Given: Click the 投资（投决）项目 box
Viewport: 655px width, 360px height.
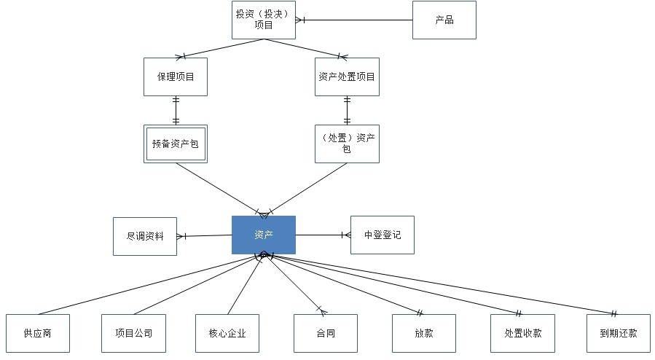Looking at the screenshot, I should coord(264,20).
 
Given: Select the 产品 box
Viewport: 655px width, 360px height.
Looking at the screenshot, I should coord(444,20).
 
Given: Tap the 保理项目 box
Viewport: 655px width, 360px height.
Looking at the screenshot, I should coord(176,77).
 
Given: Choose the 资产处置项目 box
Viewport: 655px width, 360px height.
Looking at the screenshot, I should coord(347,77).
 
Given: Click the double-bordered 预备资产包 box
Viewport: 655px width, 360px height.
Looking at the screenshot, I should coord(176,144).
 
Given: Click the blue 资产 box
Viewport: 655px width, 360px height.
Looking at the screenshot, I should coord(264,235).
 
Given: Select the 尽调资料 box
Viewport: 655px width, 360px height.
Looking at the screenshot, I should coord(145,236).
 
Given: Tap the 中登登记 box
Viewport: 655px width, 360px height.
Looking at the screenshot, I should coord(383,235).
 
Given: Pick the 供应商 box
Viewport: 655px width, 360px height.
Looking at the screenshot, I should coord(37,334).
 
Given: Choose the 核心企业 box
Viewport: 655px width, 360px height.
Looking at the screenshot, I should coord(227,334).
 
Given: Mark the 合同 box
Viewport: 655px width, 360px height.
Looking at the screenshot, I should coord(326,334).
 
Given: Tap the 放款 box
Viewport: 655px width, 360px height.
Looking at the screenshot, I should coord(423,334).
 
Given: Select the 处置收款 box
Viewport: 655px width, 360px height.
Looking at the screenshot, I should coord(522,334).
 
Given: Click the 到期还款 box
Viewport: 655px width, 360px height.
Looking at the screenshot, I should coord(619,334).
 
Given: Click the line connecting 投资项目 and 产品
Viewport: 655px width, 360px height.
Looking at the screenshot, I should coord(357,20).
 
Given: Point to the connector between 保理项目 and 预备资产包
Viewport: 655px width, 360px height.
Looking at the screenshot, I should coord(176,110).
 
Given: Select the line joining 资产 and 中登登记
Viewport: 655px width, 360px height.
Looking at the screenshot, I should coord(321,235).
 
